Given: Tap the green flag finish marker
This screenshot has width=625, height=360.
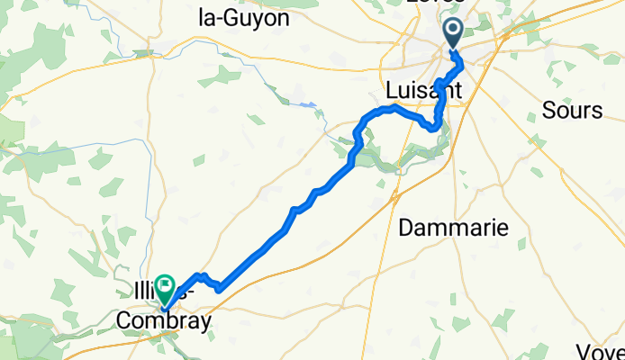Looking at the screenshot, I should pos(166,287).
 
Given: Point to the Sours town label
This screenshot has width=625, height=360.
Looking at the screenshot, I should pos(572,111).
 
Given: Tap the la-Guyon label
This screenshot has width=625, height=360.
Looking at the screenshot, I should pos(243,17).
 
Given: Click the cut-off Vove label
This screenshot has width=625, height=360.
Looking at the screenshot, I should pos(604,352).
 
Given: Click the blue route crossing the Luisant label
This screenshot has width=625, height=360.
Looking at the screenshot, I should pos(439,92).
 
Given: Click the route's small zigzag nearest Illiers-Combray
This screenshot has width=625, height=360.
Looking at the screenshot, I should pos(216,285).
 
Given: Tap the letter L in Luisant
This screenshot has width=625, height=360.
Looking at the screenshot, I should pos(391,92).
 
